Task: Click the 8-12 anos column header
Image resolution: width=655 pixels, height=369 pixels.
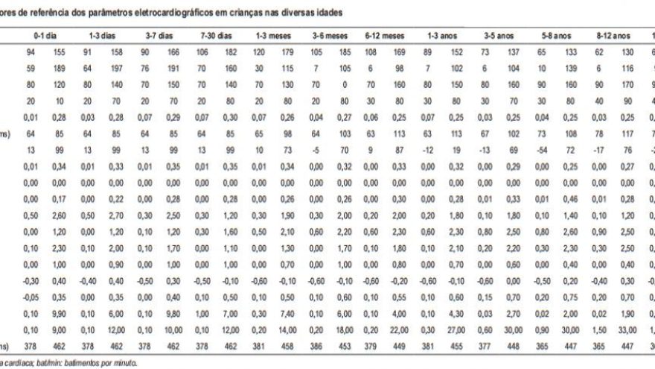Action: [x=613, y=35]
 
